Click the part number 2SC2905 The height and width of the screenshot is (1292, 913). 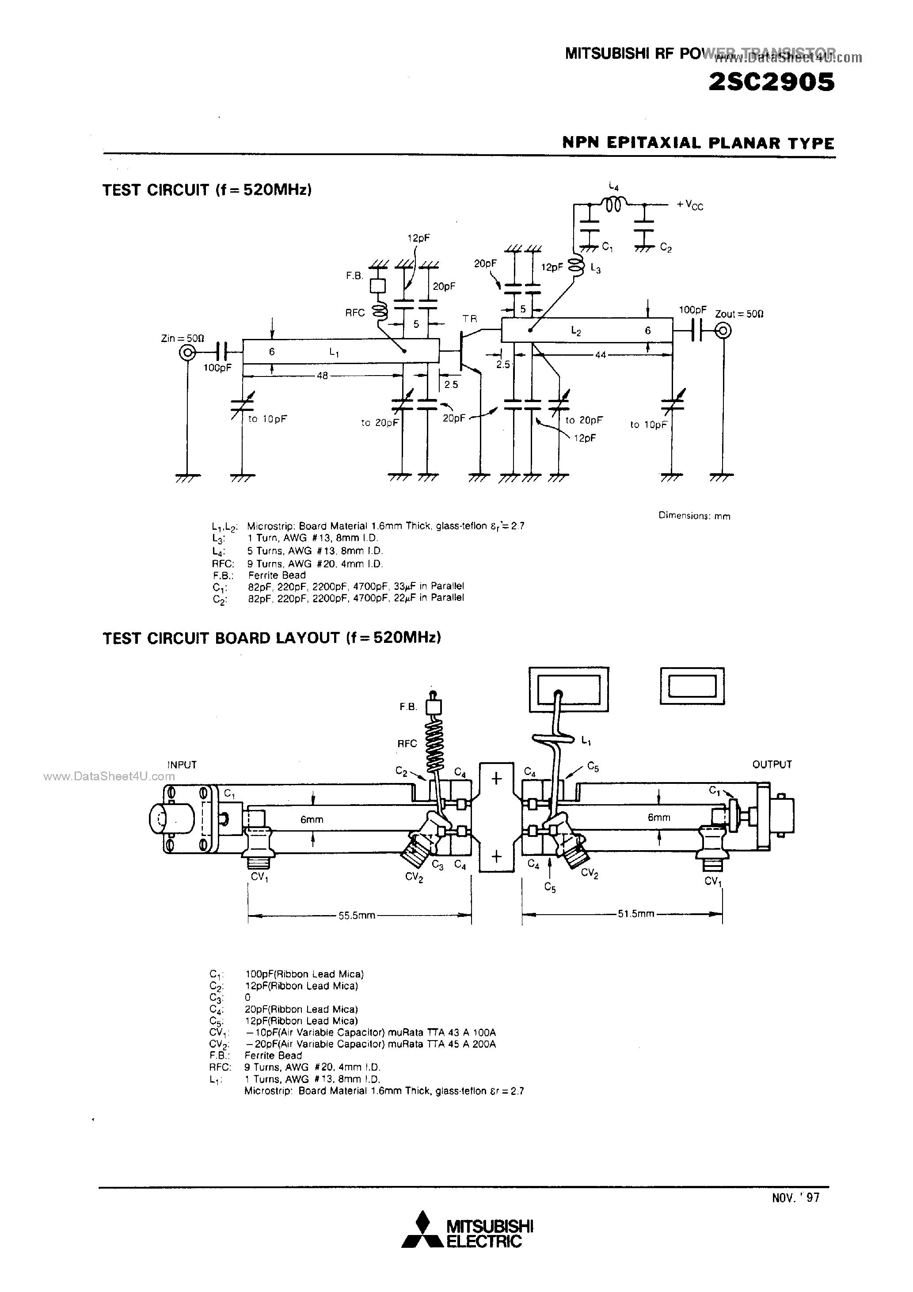point(771,83)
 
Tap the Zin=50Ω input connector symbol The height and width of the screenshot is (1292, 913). point(187,353)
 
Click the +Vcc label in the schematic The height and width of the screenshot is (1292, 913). point(690,205)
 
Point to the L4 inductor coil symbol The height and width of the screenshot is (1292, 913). point(613,205)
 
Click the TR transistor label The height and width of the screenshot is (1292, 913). point(470,319)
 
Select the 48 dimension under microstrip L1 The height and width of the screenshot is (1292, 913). point(322,375)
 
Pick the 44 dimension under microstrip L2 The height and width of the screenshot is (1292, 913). point(600,354)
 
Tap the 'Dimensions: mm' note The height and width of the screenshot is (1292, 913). point(694,516)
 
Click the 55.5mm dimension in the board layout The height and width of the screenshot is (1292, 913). point(357,916)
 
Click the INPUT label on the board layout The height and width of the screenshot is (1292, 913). point(182,765)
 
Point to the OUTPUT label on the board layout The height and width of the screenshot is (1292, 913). point(772,764)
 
